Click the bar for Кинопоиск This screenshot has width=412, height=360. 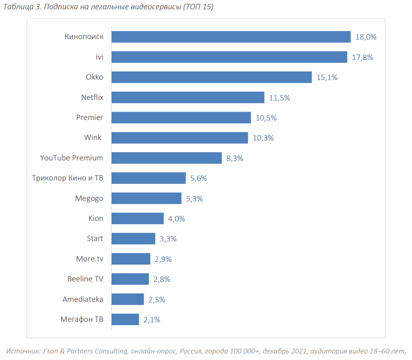coord(231,37)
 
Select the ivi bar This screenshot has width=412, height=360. coord(229,57)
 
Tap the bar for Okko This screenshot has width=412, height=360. coord(212,77)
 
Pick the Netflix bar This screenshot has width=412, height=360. coord(188,97)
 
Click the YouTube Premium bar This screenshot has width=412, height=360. coord(166,158)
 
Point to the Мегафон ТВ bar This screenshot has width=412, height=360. coord(125,319)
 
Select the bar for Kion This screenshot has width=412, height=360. coord(138,218)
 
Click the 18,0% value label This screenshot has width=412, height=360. coord(366,37)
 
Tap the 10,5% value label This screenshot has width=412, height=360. coord(266,118)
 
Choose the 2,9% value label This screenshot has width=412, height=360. coord(162,259)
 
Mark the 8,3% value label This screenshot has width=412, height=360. coord(235,158)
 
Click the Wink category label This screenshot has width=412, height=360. coord(93,138)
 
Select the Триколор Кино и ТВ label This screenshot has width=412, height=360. coord(67,178)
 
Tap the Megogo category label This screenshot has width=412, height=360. coord(89,198)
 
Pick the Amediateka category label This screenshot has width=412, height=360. coord(83,299)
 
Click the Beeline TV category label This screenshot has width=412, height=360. coord(85,279)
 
